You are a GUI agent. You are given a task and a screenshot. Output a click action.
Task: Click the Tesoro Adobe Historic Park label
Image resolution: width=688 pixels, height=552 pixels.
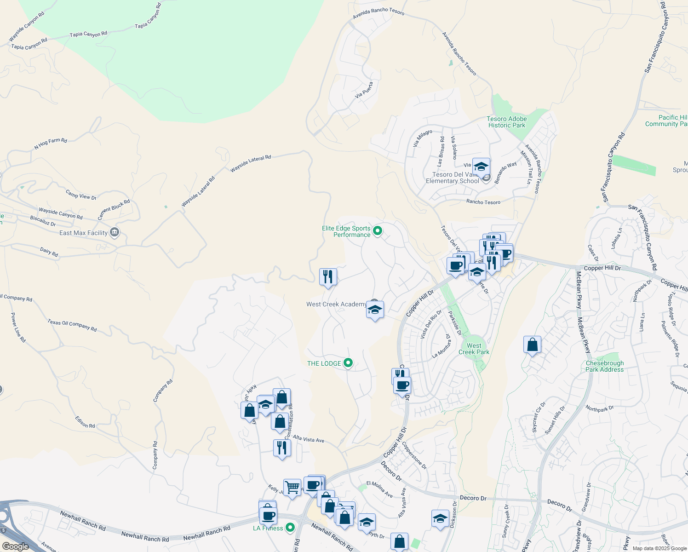[506, 122]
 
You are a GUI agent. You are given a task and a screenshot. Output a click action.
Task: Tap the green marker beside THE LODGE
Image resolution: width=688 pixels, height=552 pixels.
[348, 363]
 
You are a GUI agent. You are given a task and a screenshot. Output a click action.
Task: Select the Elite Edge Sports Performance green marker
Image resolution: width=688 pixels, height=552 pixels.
[378, 230]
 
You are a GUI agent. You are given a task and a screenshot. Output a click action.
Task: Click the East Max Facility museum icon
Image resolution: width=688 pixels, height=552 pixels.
[115, 232]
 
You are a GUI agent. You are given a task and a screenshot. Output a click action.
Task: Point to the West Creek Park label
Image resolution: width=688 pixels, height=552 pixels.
[474, 349]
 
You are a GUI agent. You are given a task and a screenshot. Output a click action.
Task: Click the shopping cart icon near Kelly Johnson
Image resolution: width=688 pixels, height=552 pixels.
[292, 487]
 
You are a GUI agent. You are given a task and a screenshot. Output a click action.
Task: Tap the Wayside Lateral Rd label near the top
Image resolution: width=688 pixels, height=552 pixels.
[251, 163]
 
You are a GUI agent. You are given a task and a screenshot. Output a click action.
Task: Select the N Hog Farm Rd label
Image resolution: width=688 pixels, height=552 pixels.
[51, 144]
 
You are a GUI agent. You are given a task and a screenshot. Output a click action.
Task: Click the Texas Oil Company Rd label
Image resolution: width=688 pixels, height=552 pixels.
[72, 325]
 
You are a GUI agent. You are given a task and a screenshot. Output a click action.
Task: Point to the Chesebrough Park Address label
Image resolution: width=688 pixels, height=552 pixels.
[604, 366]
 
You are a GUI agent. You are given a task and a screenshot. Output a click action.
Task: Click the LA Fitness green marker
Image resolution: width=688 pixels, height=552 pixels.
[290, 527]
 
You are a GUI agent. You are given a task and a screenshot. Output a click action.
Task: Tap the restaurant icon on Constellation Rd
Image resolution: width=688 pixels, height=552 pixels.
[282, 448]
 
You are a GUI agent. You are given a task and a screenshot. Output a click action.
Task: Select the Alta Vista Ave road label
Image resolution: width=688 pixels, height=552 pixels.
[309, 439]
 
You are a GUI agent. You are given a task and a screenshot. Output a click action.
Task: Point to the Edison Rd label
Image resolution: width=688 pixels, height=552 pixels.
[85, 422]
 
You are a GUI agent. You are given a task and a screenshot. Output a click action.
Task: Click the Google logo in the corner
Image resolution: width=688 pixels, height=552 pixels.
[15, 546]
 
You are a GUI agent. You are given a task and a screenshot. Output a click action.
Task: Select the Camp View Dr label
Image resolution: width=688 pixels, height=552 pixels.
[81, 195]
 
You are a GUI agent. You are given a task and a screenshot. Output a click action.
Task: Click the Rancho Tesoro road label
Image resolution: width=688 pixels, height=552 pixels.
[483, 202]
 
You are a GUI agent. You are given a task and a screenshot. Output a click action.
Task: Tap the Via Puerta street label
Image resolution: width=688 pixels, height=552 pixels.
[364, 89]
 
